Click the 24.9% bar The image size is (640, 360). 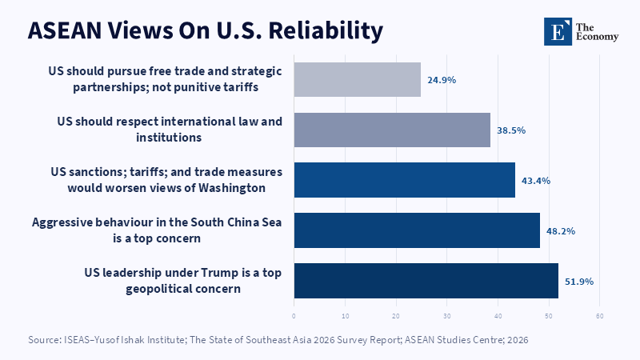coord(357,79)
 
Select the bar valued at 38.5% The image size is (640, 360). coord(392,130)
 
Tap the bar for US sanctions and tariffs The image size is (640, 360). coord(405,180)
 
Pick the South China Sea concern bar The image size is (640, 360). coord(417,230)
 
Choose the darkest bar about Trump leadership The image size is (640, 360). coord(426,281)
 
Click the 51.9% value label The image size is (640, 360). coord(579,282)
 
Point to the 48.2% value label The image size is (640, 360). coord(561,231)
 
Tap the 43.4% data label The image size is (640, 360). coord(536,181)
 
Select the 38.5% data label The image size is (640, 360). coord(511,130)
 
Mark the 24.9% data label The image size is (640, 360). coord(442,80)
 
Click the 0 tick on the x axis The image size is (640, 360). coord(294,316)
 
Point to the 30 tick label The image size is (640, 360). coord(447,316)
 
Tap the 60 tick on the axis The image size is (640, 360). coord(599,316)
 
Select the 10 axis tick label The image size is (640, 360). coord(346,316)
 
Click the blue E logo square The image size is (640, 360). coord(558,31)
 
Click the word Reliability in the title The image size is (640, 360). coord(326,31)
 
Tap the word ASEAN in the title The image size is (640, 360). coord(65,31)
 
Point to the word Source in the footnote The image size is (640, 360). coord(44,339)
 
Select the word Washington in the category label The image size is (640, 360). coord(232,188)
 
